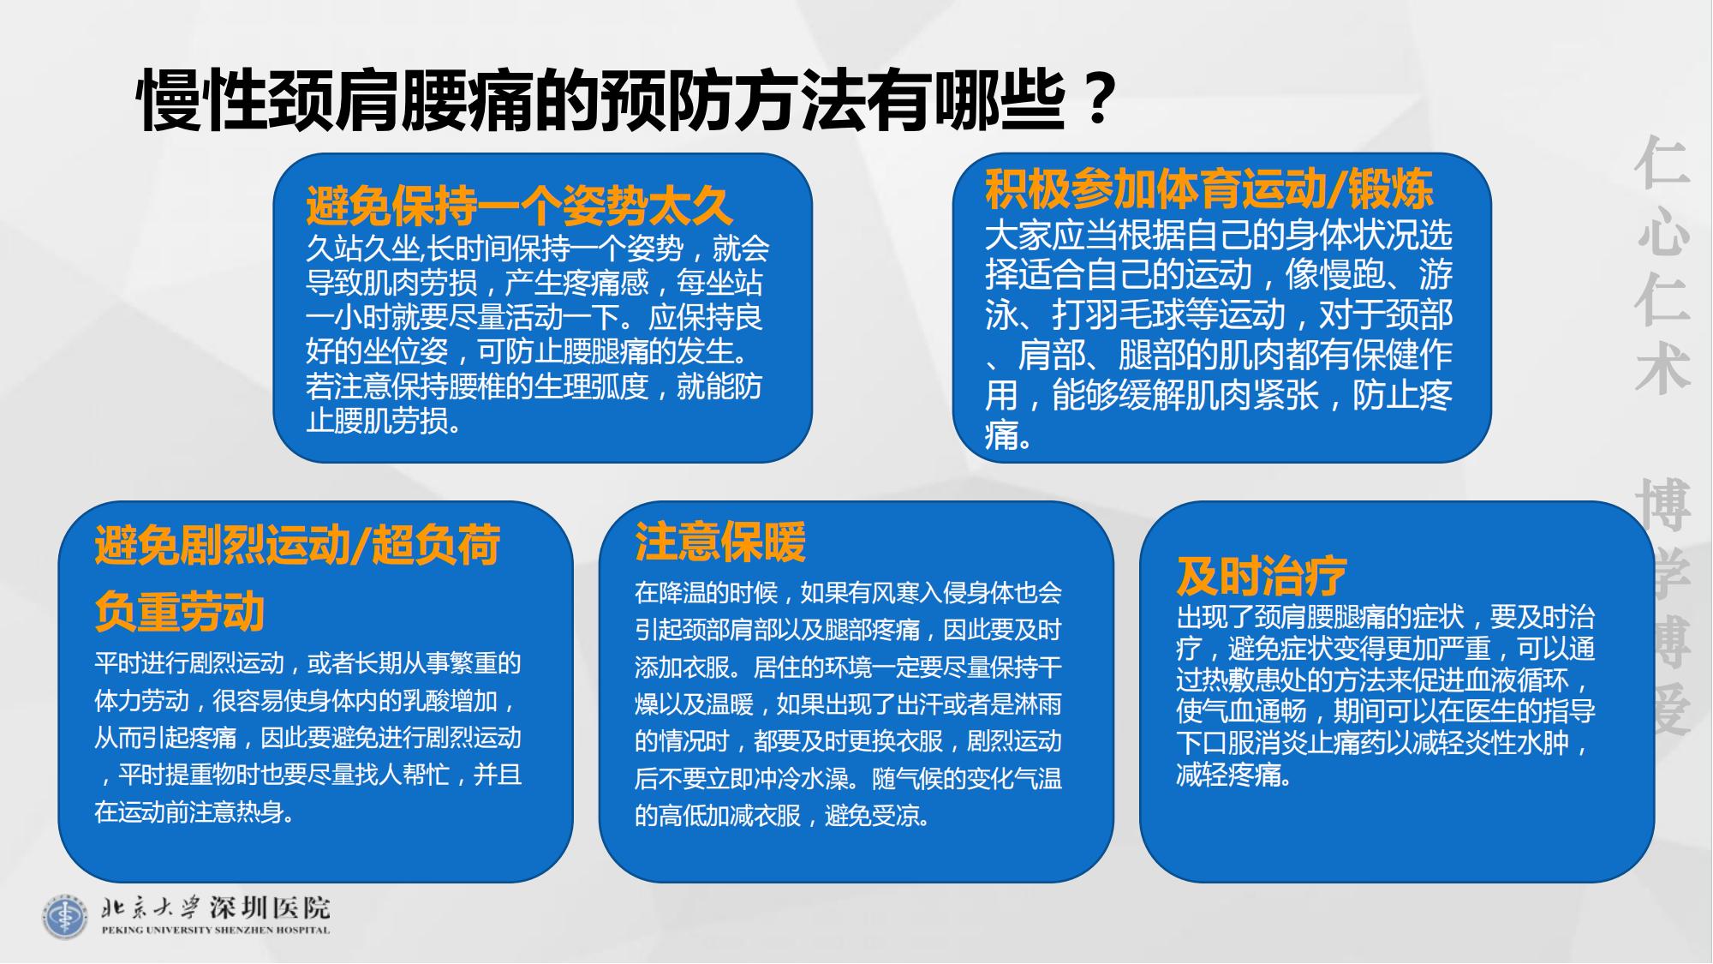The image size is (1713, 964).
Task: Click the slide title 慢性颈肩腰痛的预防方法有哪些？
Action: coord(628,102)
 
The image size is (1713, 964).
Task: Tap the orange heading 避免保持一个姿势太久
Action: coord(519,206)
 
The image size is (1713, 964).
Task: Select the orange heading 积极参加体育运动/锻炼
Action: coord(1209,189)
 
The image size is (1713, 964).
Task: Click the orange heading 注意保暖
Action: coord(720,542)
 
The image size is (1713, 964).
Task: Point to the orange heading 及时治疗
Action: coord(1262,576)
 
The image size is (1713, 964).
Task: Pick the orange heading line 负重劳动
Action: coord(180,612)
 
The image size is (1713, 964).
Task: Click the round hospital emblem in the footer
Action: coord(66,917)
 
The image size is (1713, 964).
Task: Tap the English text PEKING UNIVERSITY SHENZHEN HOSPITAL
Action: coord(215,931)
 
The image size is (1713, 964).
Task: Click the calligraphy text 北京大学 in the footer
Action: coord(151,907)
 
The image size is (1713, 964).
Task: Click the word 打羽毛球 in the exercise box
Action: coord(1118,314)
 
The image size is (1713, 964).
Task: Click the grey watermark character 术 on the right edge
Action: coord(1662,369)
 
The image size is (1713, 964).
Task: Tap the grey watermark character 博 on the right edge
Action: coord(1662,505)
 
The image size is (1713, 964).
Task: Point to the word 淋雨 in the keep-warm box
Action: coord(1038,704)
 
